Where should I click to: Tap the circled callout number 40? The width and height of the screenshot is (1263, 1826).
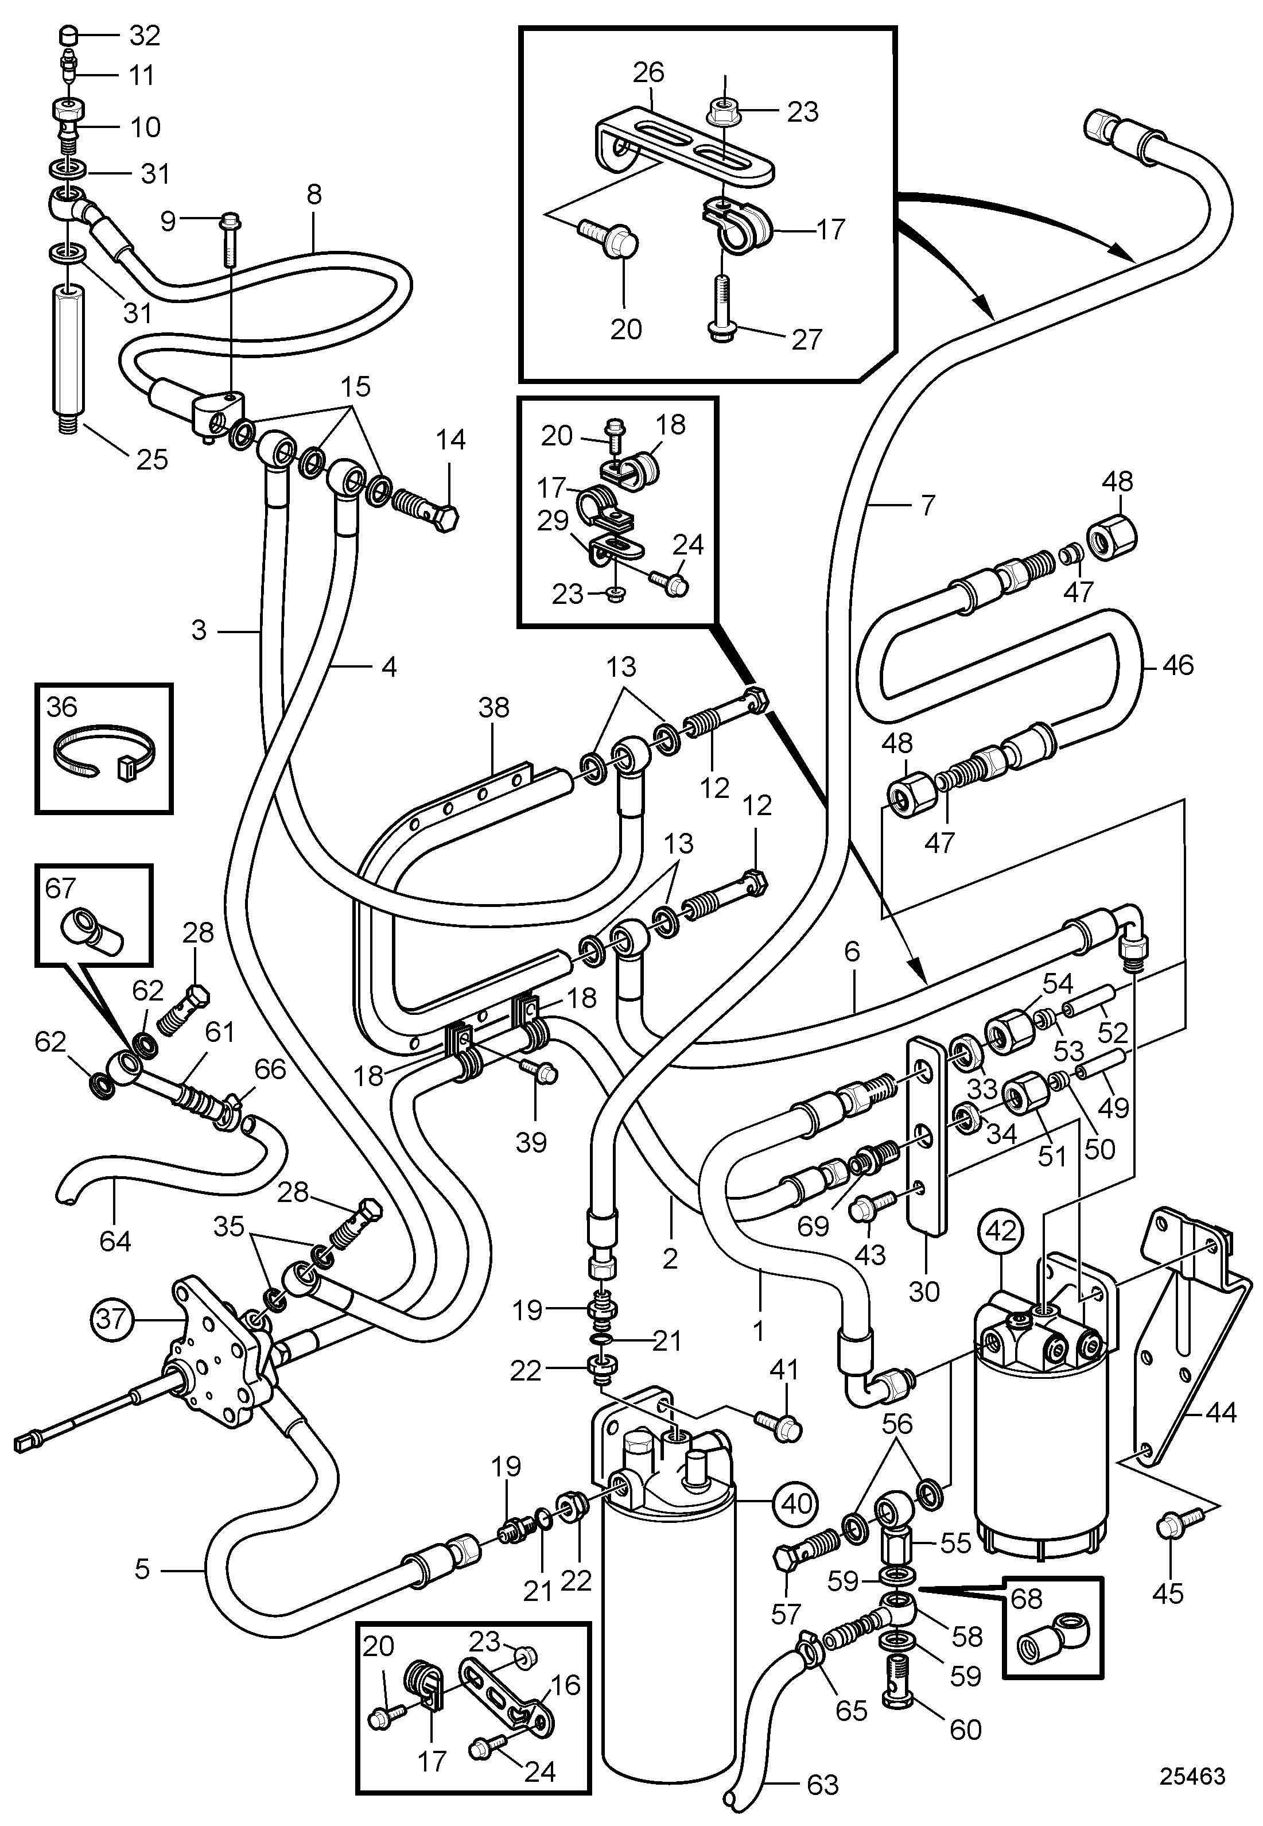[796, 1502]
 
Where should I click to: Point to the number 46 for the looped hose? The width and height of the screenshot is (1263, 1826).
[1177, 665]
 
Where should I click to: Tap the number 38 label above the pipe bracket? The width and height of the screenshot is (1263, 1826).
[494, 707]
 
